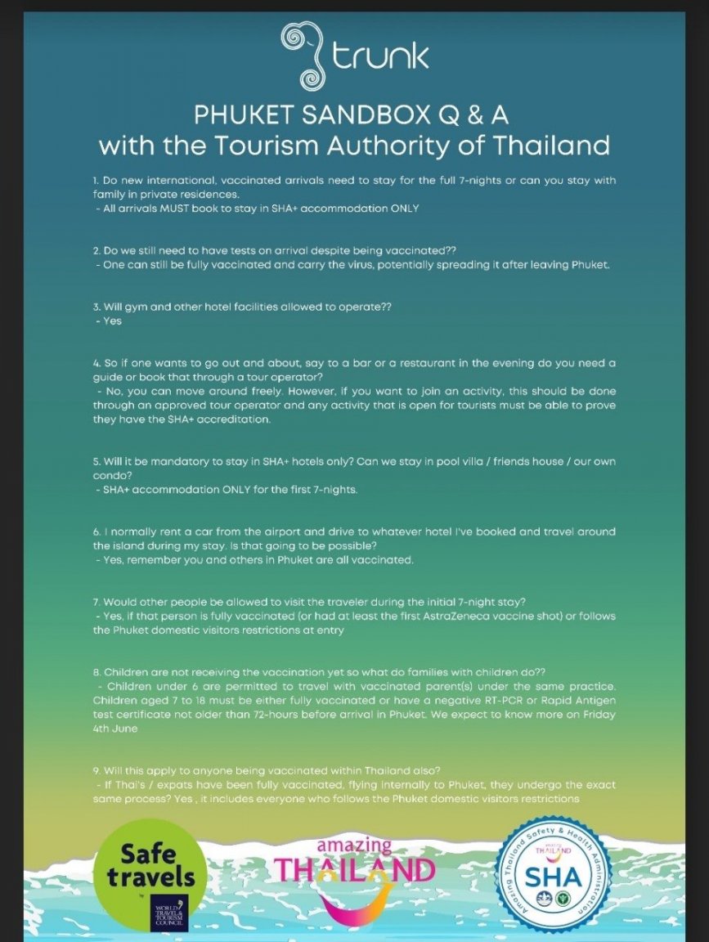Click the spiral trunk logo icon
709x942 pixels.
(305, 56)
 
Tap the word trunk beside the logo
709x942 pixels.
(381, 57)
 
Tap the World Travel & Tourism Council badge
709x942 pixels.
(169, 913)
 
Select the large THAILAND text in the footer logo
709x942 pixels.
(355, 869)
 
